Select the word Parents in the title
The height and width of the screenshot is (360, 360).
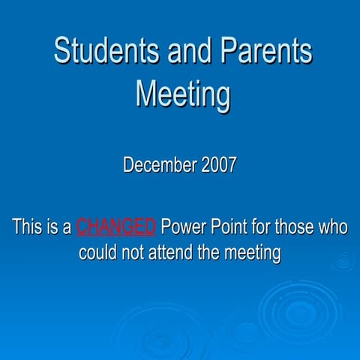[265, 52]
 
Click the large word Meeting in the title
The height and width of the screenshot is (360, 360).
[183, 94]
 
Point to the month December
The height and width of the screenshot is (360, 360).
[158, 165]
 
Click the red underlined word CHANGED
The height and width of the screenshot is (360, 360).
[116, 226]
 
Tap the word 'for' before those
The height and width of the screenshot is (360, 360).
[263, 226]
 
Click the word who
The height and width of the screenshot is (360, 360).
[334, 226]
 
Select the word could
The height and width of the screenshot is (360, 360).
[100, 253]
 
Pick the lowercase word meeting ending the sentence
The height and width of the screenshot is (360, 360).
[255, 253]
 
